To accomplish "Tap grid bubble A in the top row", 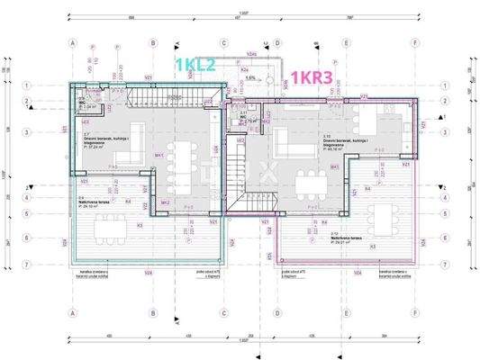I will (71, 42).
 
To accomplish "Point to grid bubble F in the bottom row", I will (414, 313).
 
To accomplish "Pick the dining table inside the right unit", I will (313, 184).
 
